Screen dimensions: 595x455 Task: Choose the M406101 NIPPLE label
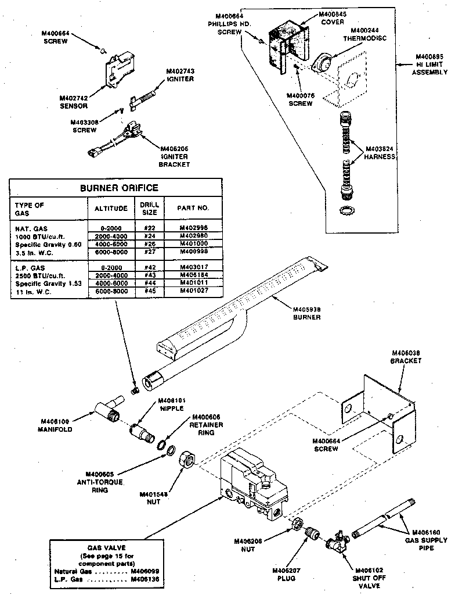[171, 404]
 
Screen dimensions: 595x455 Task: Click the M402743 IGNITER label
[180, 75]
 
